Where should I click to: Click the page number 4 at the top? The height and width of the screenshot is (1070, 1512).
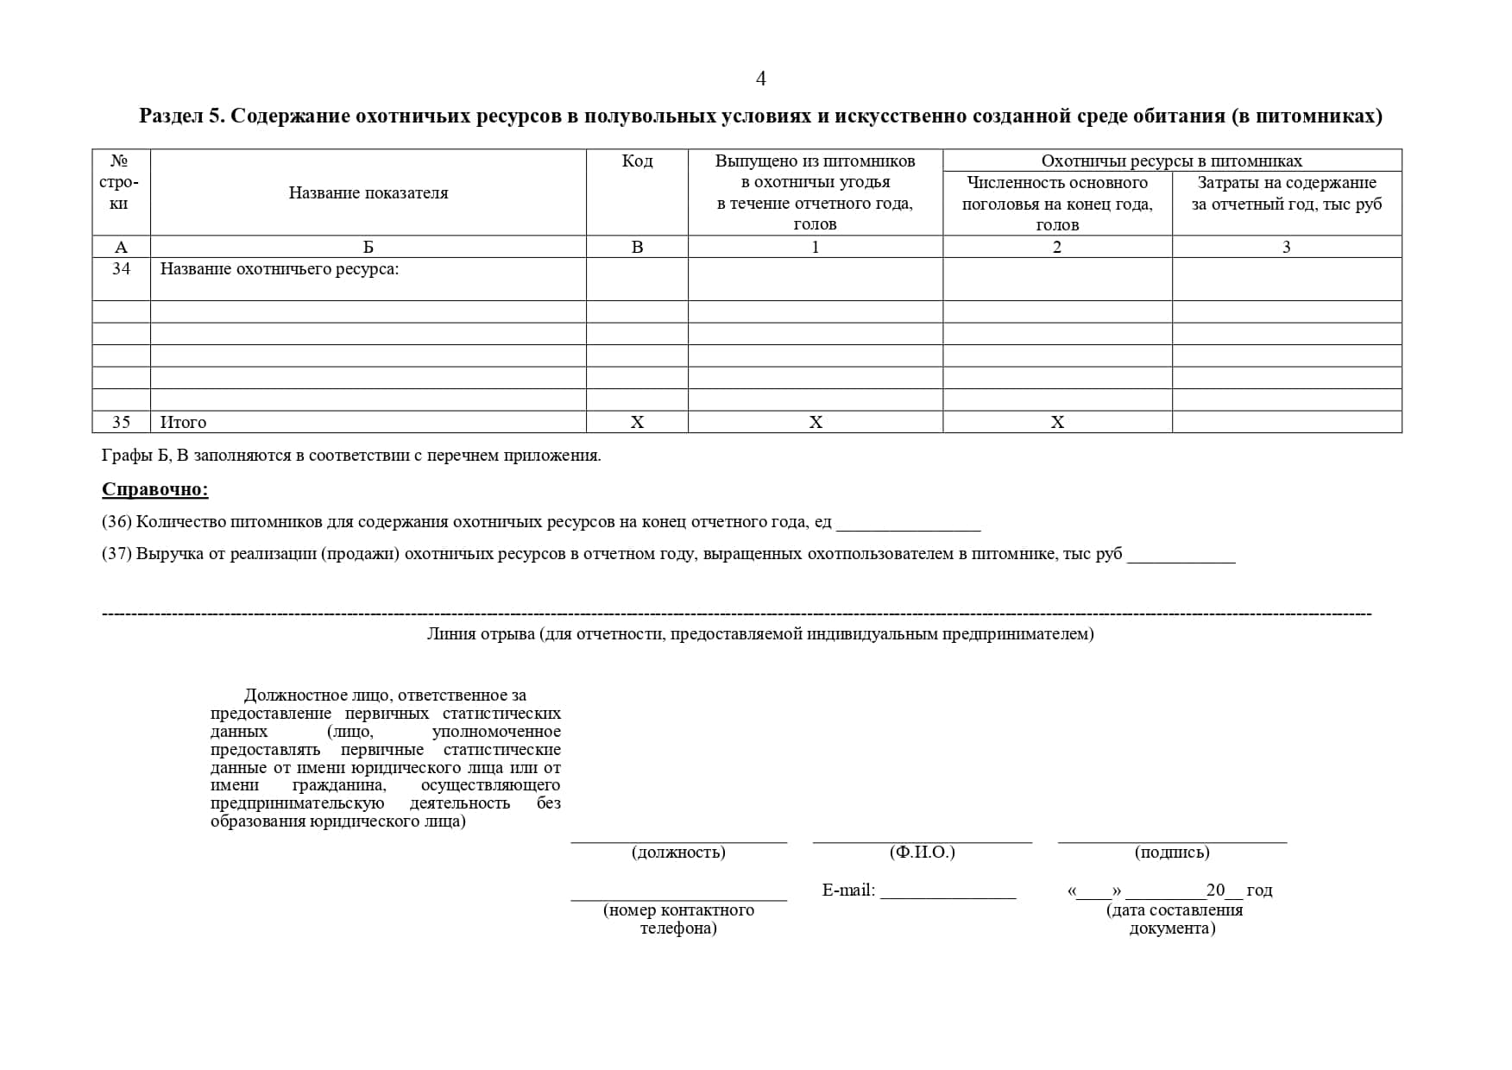760,79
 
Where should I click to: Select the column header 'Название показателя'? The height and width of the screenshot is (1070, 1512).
369,193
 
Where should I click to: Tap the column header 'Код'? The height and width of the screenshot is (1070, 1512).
637,161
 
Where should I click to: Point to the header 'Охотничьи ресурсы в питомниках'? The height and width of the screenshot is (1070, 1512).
1171,161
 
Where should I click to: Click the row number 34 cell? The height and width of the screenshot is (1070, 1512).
121,269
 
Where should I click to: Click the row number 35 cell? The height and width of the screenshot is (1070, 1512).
121,422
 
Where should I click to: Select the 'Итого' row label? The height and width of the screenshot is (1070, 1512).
184,422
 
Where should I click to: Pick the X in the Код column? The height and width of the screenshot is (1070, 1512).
637,422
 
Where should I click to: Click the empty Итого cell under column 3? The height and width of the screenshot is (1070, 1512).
1286,422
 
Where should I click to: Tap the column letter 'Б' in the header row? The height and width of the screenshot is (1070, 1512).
369,248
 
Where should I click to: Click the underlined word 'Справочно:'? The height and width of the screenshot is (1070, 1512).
155,490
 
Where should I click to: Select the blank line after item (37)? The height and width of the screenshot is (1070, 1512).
1181,557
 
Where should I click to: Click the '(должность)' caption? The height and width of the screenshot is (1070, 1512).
678,853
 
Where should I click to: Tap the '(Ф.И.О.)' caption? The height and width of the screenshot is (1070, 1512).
922,853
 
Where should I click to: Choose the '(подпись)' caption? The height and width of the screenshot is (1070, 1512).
1171,853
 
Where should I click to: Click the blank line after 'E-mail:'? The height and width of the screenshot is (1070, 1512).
948,893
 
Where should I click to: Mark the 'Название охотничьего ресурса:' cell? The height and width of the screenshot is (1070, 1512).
280,269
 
